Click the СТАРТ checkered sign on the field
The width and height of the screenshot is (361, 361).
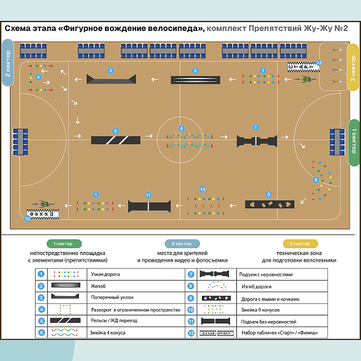[303, 67]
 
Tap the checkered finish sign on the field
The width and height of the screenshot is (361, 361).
[43, 214]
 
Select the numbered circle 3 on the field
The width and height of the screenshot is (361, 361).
[111, 71]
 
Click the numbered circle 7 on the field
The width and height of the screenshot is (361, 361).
[256, 127]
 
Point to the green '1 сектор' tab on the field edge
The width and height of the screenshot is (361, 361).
[355, 143]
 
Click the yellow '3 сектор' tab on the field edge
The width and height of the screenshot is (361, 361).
[353, 68]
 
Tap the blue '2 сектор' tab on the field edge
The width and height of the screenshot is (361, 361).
[7, 63]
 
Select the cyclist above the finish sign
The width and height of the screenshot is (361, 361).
[43, 204]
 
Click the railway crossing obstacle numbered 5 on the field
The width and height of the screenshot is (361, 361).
[116, 140]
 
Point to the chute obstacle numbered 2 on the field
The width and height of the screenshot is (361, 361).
[195, 80]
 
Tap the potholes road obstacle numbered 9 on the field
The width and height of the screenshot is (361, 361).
[270, 204]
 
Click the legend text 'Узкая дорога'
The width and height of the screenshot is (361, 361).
[105, 274]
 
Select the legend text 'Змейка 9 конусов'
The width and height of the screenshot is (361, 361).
[260, 310]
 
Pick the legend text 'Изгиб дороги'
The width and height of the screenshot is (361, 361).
[256, 287]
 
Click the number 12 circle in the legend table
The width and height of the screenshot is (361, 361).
[191, 333]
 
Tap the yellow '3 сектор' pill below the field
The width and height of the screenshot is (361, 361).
[300, 244]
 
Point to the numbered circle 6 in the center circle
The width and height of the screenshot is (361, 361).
[182, 129]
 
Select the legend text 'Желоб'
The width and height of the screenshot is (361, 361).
[98, 286]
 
